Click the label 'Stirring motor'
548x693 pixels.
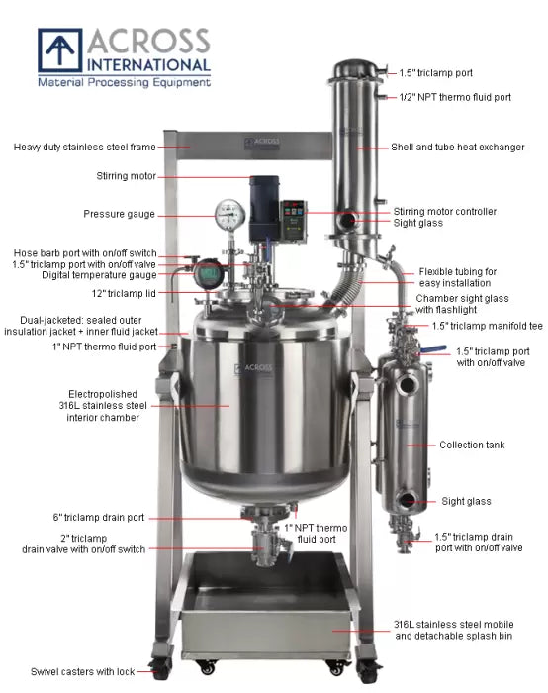tap(125, 177)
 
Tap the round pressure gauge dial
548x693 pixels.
tap(229, 213)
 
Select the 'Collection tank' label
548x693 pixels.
tap(472, 445)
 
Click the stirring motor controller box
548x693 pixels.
tap(293, 214)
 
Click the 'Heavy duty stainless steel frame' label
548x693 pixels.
tap(85, 148)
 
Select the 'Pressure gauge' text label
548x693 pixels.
tap(119, 214)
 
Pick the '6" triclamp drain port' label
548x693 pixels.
tap(99, 517)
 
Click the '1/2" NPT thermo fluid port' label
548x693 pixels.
tap(455, 97)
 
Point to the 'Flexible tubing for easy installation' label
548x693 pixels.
tap(457, 277)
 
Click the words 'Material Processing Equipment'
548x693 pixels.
tap(124, 83)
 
